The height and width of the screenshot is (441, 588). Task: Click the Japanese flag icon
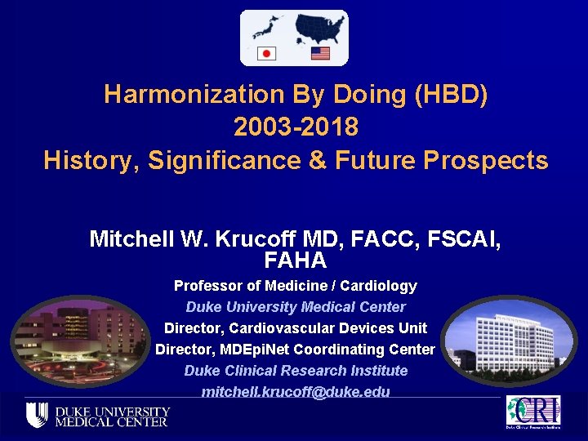click(266, 54)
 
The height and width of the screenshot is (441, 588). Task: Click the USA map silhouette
click(318, 29)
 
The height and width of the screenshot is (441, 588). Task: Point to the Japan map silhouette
click(265, 29)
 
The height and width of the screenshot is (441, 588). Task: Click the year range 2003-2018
click(296, 127)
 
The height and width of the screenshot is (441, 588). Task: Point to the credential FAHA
click(295, 261)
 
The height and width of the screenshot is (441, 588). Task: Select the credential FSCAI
click(462, 239)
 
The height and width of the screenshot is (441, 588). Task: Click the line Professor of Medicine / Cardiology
click(295, 286)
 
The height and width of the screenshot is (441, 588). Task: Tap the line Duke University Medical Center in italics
click(295, 307)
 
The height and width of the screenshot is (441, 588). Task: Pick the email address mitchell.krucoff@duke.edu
click(295, 392)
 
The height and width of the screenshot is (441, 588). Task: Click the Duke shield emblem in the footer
click(36, 415)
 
